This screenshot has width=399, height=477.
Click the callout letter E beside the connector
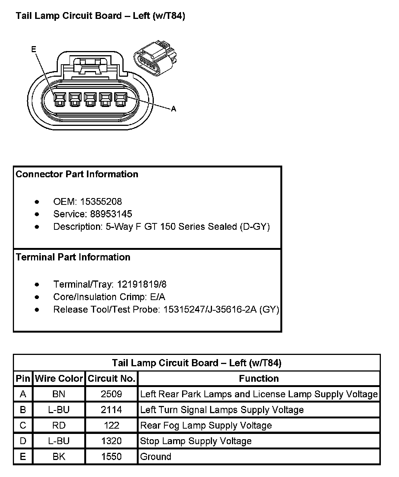[x=34, y=49]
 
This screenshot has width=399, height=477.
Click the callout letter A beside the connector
[x=173, y=109]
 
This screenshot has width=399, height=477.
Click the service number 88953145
[x=111, y=214]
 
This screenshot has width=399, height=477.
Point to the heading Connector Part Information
[x=77, y=174]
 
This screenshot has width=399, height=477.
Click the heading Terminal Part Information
[x=73, y=257]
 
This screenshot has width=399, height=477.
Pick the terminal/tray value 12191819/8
[x=142, y=284]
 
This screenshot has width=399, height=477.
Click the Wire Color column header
[x=59, y=378]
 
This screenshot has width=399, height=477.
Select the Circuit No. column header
[x=111, y=378]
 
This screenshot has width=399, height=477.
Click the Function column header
[x=259, y=378]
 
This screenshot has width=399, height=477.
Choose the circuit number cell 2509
[x=111, y=394]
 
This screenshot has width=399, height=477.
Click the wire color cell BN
[x=59, y=394]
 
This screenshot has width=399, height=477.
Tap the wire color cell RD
[x=59, y=425]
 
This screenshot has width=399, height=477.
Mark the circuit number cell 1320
[x=111, y=441]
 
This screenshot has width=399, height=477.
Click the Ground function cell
[x=156, y=457]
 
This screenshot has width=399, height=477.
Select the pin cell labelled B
[x=23, y=410]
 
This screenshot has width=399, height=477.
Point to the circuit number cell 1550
[x=111, y=457]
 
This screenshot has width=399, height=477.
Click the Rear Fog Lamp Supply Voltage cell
[x=206, y=425]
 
